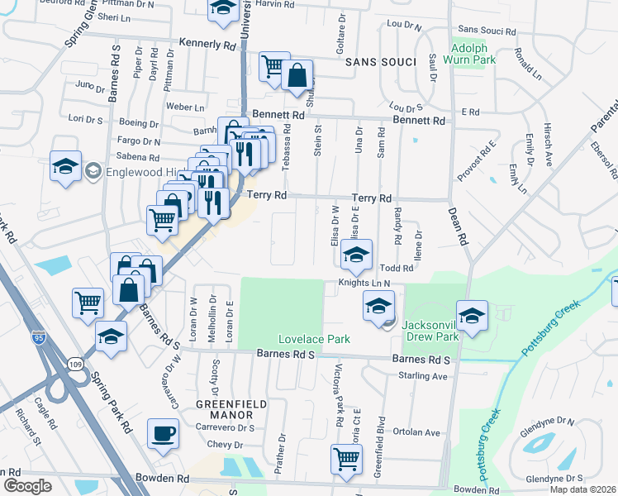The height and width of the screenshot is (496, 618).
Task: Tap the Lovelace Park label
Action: point(314,339)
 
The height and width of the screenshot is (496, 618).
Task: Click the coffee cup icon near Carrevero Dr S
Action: point(163,433)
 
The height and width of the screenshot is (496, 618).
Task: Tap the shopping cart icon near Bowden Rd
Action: point(346,459)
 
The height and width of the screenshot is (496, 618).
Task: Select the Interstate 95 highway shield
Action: point(37,337)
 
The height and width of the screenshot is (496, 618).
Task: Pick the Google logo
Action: point(27,486)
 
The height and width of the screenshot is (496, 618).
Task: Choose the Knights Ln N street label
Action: point(364,283)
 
